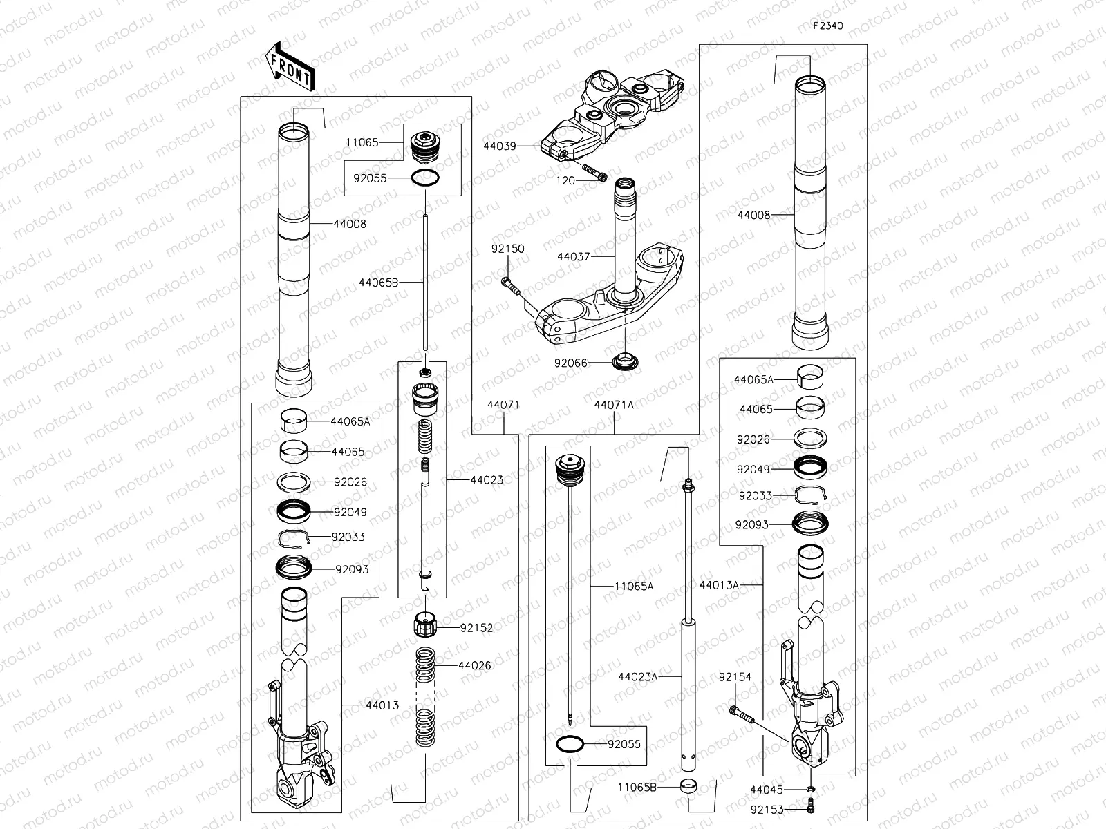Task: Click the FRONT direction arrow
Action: coord(289,66)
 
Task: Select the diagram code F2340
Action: coord(828,26)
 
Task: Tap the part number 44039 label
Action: coord(500,146)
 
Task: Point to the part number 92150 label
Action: coord(508,249)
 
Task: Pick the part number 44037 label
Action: coord(574,256)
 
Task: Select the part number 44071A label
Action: coord(614,406)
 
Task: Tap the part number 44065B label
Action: coord(379,282)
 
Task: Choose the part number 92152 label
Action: coord(477,628)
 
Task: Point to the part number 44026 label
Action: coord(475,666)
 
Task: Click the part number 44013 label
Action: coord(383,705)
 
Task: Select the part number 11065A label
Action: coord(634,586)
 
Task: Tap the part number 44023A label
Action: coord(638,677)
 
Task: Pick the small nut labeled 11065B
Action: coord(688,787)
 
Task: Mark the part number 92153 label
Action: coord(767,808)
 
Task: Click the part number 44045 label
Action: coord(767,789)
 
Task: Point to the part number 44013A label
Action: coord(719,585)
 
